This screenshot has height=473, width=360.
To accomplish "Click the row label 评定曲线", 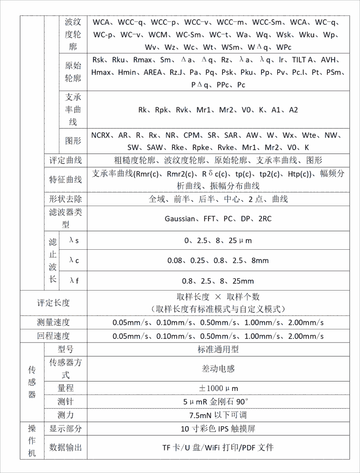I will pyautogui.click(x=66, y=160).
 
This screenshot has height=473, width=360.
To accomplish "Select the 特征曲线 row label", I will pyautogui.click(x=66, y=180).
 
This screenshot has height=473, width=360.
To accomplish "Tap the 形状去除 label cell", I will pyautogui.click(x=66, y=199).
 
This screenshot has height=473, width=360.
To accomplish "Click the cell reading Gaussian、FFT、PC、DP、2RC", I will pyautogui.click(x=218, y=218).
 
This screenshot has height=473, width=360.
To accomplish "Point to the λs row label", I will pyautogui.click(x=74, y=241).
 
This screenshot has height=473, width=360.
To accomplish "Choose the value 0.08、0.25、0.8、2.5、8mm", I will pyautogui.click(x=218, y=261).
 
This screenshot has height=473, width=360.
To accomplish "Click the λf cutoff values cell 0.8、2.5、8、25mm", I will pyautogui.click(x=218, y=281).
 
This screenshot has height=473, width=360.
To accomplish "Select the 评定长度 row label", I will pyautogui.click(x=54, y=303).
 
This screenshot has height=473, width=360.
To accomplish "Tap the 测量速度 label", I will pyautogui.click(x=54, y=323).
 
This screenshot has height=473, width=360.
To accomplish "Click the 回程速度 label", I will pyautogui.click(x=54, y=336).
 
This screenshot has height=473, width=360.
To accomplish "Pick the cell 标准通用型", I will pyautogui.click(x=218, y=349).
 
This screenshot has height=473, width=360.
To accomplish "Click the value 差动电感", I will pyautogui.click(x=218, y=369).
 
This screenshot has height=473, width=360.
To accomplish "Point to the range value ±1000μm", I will pyautogui.click(x=218, y=388).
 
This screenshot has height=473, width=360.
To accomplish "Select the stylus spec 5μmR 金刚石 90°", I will pyautogui.click(x=218, y=401).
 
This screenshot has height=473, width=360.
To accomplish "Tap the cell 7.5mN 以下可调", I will pyautogui.click(x=218, y=415).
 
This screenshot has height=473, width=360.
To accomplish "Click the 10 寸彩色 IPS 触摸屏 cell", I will pyautogui.click(x=218, y=429).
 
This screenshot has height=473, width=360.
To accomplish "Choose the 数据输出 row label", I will pyautogui.click(x=66, y=447).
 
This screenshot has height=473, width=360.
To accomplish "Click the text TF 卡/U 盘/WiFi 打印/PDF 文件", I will pyautogui.click(x=218, y=447).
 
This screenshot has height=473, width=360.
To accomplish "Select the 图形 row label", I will pyautogui.click(x=73, y=141).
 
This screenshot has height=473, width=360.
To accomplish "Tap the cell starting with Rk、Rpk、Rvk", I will pyautogui.click(x=218, y=110).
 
